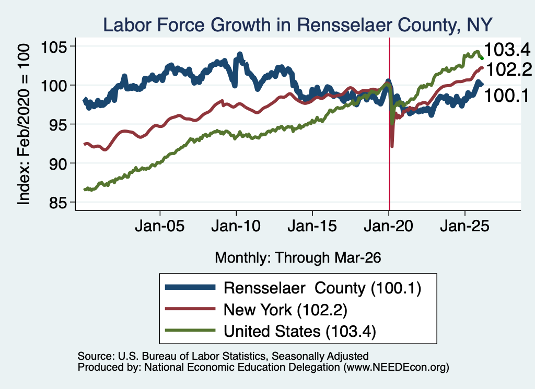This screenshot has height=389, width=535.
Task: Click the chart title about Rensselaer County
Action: [x=297, y=25]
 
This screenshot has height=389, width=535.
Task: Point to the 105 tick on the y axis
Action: [x=54, y=46]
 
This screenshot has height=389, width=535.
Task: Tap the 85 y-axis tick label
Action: [x=57, y=203]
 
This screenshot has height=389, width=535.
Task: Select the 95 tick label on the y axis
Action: [x=57, y=124]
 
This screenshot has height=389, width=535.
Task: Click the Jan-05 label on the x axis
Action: [x=160, y=226]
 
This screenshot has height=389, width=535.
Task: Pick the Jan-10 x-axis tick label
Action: [x=236, y=226]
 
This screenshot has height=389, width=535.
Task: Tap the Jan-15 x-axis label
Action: [x=312, y=226]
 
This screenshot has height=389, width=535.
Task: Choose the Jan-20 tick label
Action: [x=389, y=226]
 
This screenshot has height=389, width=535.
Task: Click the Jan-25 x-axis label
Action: [x=464, y=226]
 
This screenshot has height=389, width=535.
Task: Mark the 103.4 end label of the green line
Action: [x=507, y=50]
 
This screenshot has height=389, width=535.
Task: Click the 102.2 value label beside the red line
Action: [x=509, y=69]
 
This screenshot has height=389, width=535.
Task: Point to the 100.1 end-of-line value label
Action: [x=507, y=96]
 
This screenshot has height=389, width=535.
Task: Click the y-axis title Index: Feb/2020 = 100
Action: [x=24, y=124]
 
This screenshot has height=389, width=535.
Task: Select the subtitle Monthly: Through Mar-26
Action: [x=298, y=258]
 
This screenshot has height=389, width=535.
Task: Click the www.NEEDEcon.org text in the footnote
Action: [x=396, y=367]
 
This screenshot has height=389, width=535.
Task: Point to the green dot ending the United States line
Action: [x=482, y=58]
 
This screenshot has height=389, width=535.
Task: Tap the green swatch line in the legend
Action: [x=190, y=331]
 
